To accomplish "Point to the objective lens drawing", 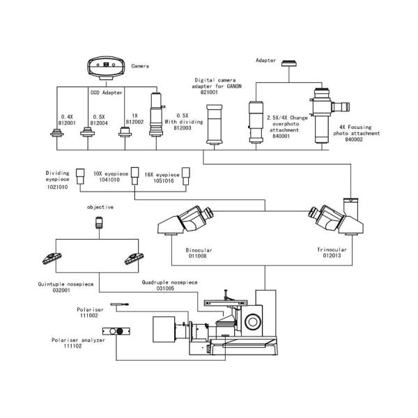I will coord(100,223).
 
